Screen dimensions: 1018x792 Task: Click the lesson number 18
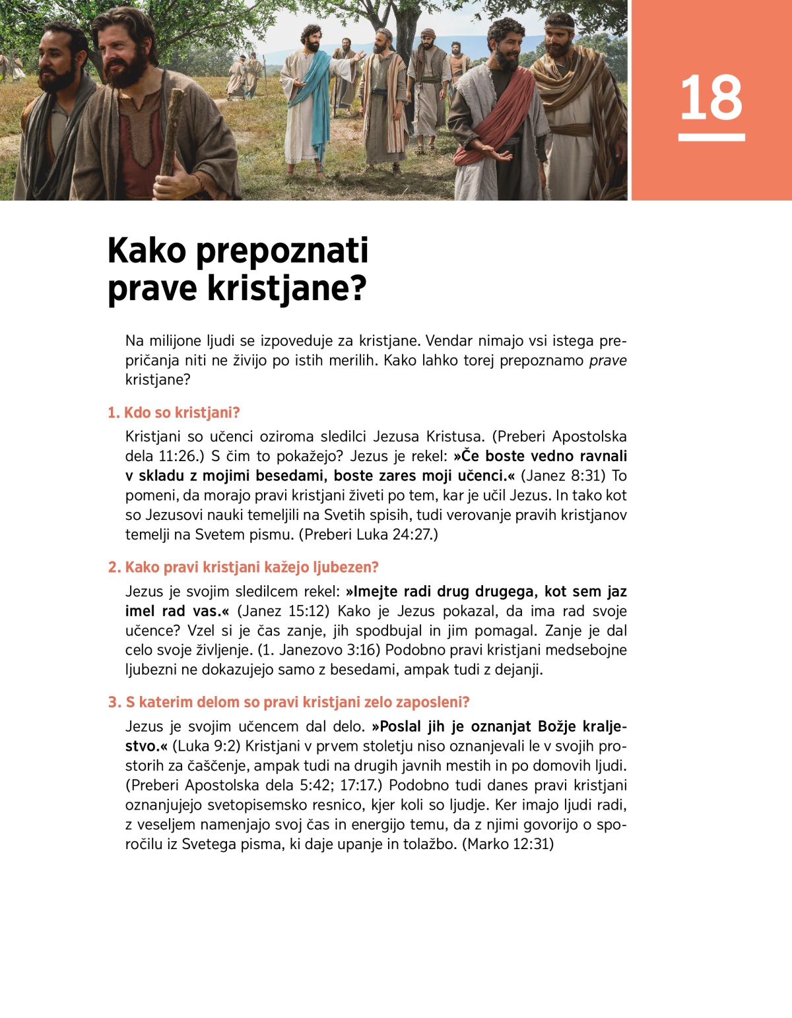tap(711, 98)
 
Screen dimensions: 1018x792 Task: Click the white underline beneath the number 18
tap(711, 137)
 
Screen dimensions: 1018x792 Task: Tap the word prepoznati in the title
tap(282, 252)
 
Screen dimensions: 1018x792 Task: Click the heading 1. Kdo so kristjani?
tap(174, 413)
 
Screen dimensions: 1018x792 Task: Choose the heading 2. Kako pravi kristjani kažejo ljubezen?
tap(243, 567)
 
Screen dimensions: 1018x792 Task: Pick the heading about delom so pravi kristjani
tap(288, 702)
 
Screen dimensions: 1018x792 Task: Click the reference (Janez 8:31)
tap(563, 476)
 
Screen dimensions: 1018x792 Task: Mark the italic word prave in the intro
tap(607, 361)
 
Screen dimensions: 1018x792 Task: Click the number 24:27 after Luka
tap(412, 534)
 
